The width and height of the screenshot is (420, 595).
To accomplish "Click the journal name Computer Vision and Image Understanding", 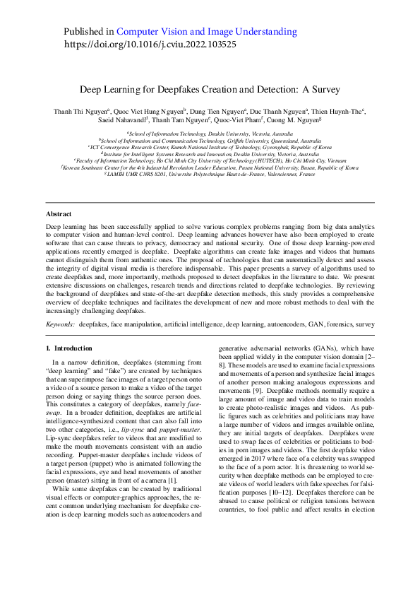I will [x=206, y=32].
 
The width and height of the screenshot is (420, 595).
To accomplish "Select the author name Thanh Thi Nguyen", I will [x=80, y=111].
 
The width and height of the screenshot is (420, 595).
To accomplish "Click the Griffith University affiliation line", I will [x=210, y=141].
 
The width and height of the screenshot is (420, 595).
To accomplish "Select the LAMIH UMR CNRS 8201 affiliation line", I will [x=210, y=174].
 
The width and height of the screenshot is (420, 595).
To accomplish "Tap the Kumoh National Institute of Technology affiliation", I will [x=210, y=147].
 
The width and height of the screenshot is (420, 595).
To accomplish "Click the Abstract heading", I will [x=58, y=213].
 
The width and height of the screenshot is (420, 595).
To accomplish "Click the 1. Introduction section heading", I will [x=68, y=348].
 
